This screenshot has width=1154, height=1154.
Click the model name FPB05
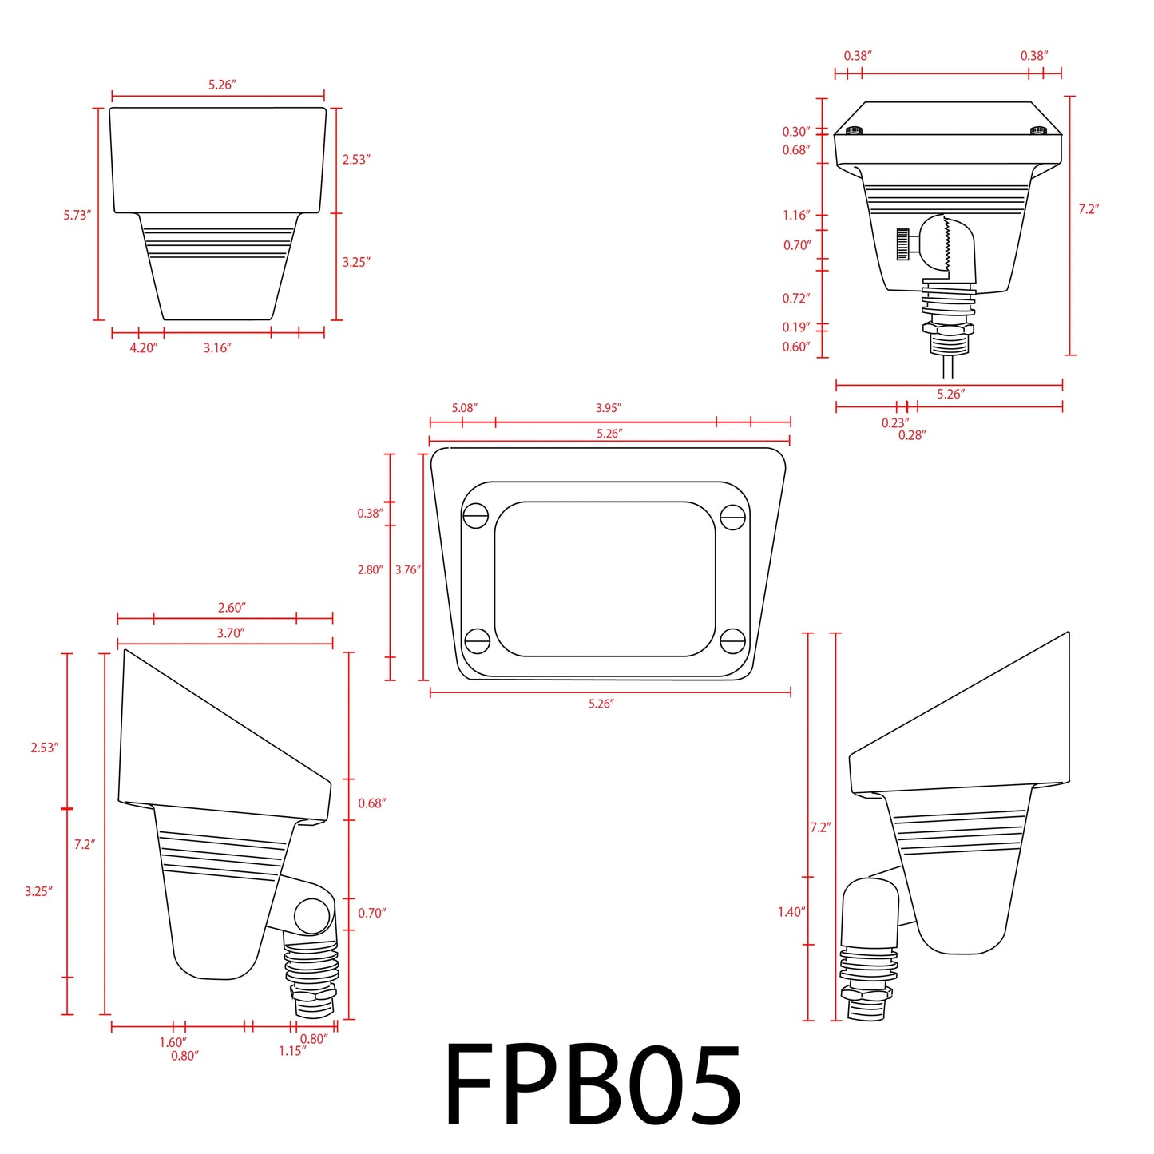pos(593,1087)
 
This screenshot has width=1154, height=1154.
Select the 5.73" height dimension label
pos(77,216)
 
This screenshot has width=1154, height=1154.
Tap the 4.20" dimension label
pos(144,348)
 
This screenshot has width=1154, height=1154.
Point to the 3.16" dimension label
pos(216,348)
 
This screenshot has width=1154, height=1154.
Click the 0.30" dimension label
pos(795,132)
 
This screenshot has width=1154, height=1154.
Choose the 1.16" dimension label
pos(796,216)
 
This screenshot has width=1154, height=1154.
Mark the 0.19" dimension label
pos(795,327)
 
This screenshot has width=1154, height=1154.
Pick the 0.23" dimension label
pos(894,423)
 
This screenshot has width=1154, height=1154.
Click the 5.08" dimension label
pos(464,408)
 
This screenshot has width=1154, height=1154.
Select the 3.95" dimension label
pos(608,408)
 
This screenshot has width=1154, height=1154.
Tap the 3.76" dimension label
pos(407,570)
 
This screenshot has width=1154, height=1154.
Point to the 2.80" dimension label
pos(370,570)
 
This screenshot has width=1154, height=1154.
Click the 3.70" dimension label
pos(231,633)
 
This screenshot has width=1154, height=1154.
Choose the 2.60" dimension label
pos(232,608)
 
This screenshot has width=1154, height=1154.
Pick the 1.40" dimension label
pos(791,912)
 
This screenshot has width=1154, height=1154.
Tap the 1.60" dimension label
pos(173,1042)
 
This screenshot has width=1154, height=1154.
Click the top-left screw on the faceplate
pos(476,517)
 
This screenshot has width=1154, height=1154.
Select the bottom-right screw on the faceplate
pos(732,640)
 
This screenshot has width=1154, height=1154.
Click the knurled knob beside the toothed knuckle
pos(903,244)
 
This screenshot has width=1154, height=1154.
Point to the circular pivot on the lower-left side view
pos(312,916)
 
